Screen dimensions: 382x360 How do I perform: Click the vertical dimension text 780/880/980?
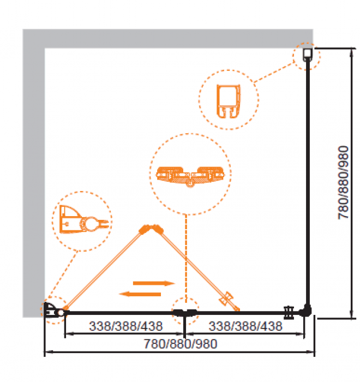343,183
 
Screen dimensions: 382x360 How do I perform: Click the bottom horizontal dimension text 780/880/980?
181,344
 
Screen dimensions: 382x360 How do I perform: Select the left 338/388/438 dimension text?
125,327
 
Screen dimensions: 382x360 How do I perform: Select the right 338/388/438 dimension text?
245,327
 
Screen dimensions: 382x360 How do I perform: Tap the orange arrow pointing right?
154,283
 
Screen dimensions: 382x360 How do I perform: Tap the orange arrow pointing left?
140,294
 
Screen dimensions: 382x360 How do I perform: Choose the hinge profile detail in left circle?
82,220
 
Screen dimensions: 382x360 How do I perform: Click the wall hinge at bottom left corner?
53,311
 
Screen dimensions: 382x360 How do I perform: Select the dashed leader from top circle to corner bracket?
275,71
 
